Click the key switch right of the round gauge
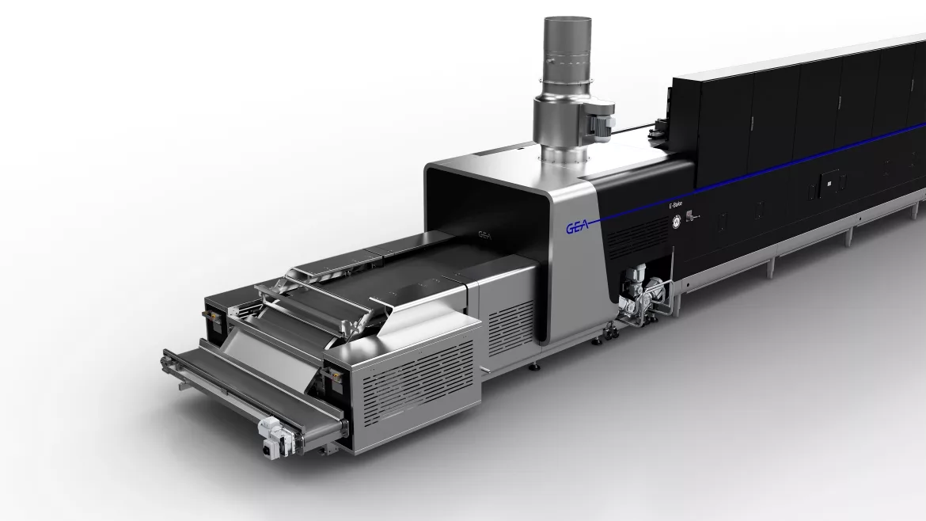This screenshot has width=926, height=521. tap(692, 216)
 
